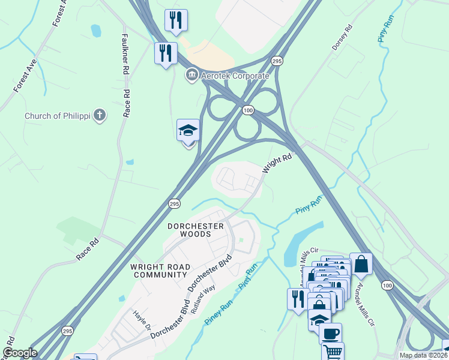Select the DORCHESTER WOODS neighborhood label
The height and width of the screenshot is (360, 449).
[196, 230]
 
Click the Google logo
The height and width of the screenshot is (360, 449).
[20, 353]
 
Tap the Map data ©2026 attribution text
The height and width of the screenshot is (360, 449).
[423, 355]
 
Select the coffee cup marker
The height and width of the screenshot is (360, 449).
[330, 333]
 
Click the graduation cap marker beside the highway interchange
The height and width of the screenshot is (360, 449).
[188, 130]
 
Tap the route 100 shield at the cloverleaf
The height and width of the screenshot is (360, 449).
[249, 110]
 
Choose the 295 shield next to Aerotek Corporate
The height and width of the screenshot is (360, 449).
[277, 61]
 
